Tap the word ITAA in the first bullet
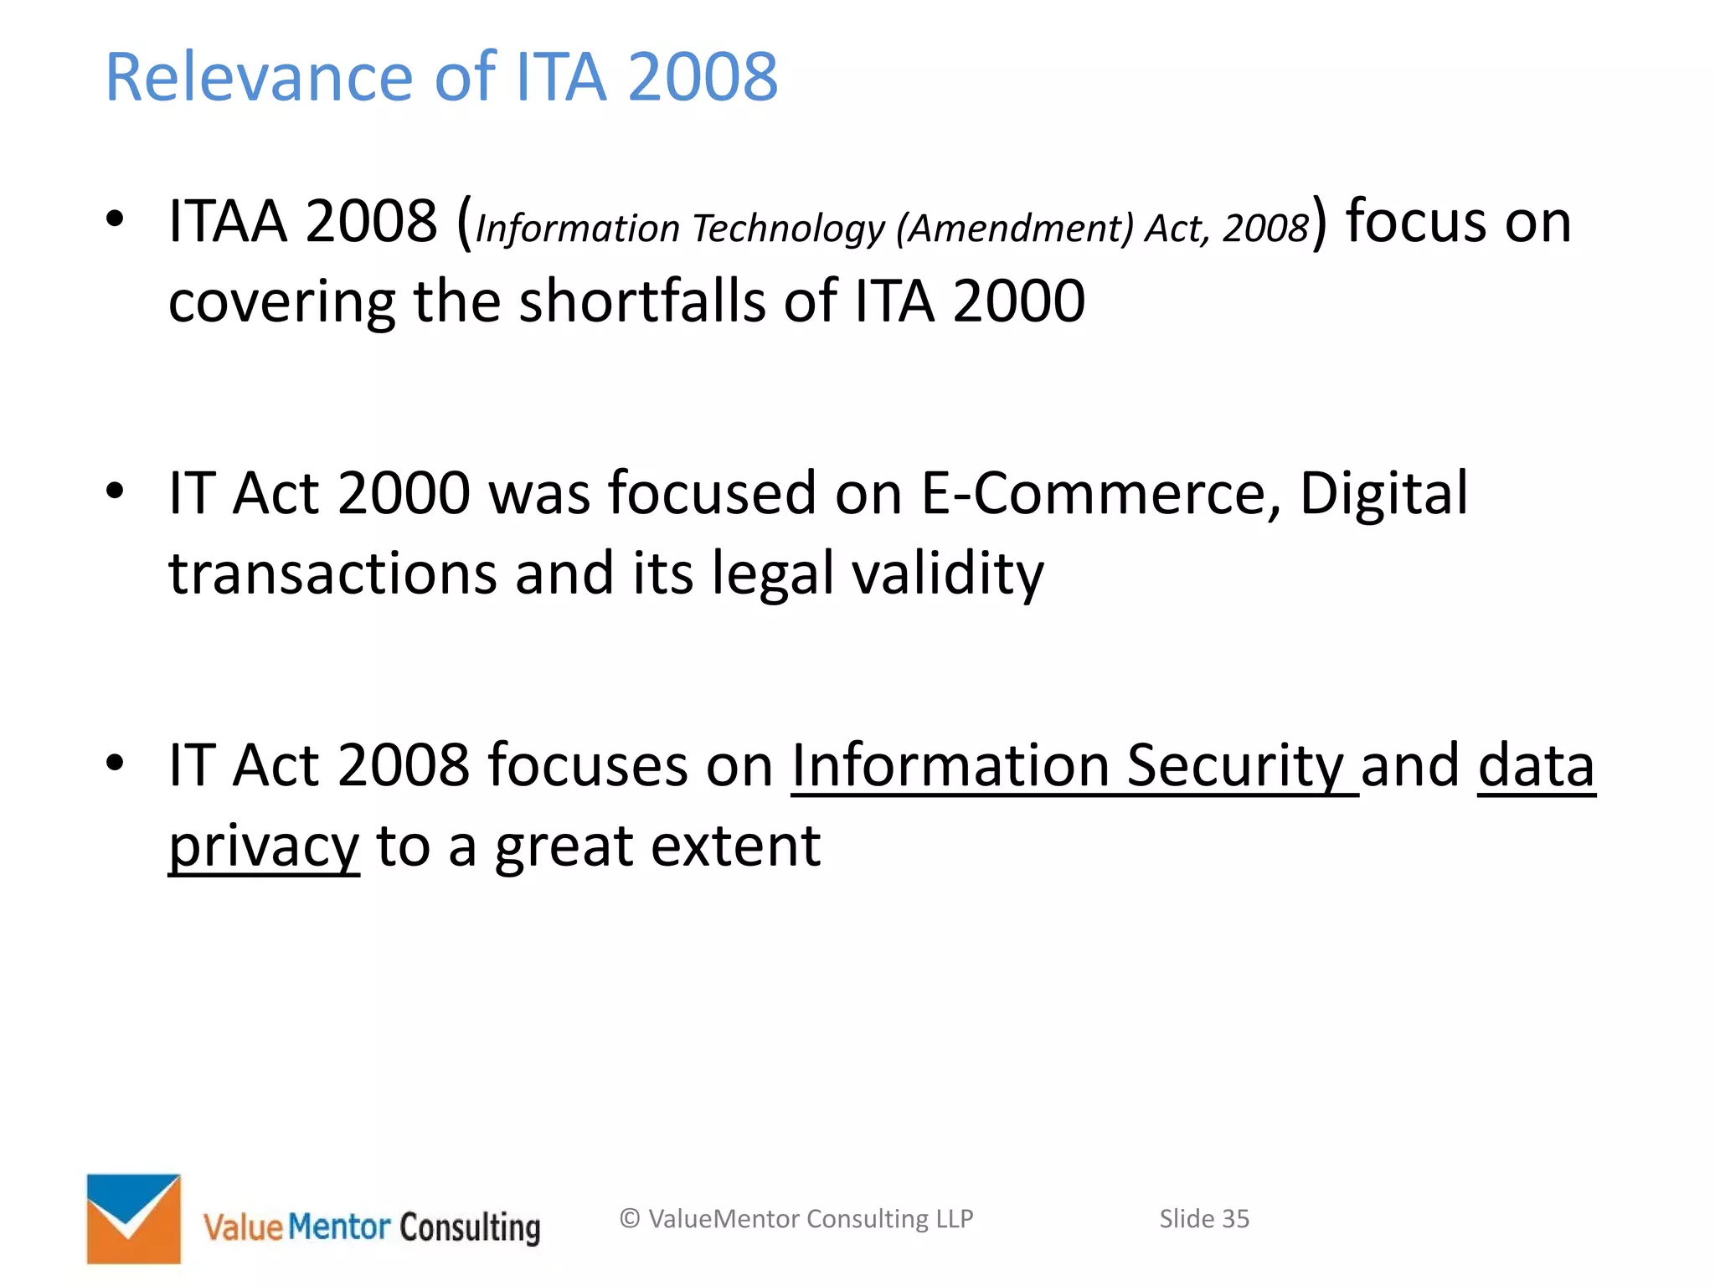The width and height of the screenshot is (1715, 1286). pyautogui.click(x=227, y=222)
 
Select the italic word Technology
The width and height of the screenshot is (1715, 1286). pyautogui.click(x=787, y=229)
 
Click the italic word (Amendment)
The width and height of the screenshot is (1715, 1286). pyautogui.click(x=1014, y=229)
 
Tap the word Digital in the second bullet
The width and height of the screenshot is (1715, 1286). pyautogui.click(x=1383, y=493)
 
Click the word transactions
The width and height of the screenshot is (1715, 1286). pyautogui.click(x=332, y=574)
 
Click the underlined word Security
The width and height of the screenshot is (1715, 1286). pyautogui.click(x=1234, y=766)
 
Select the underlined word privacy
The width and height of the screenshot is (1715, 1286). pyautogui.click(x=264, y=847)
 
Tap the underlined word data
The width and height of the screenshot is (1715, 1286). pyautogui.click(x=1536, y=766)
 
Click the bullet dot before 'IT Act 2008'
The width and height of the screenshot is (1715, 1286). pyautogui.click(x=115, y=763)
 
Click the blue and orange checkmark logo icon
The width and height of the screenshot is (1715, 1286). pyautogui.click(x=134, y=1218)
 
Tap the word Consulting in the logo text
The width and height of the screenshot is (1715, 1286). pyautogui.click(x=470, y=1227)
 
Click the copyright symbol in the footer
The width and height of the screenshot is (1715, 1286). pyautogui.click(x=630, y=1219)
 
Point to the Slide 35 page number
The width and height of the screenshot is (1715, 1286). pyautogui.click(x=1203, y=1219)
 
